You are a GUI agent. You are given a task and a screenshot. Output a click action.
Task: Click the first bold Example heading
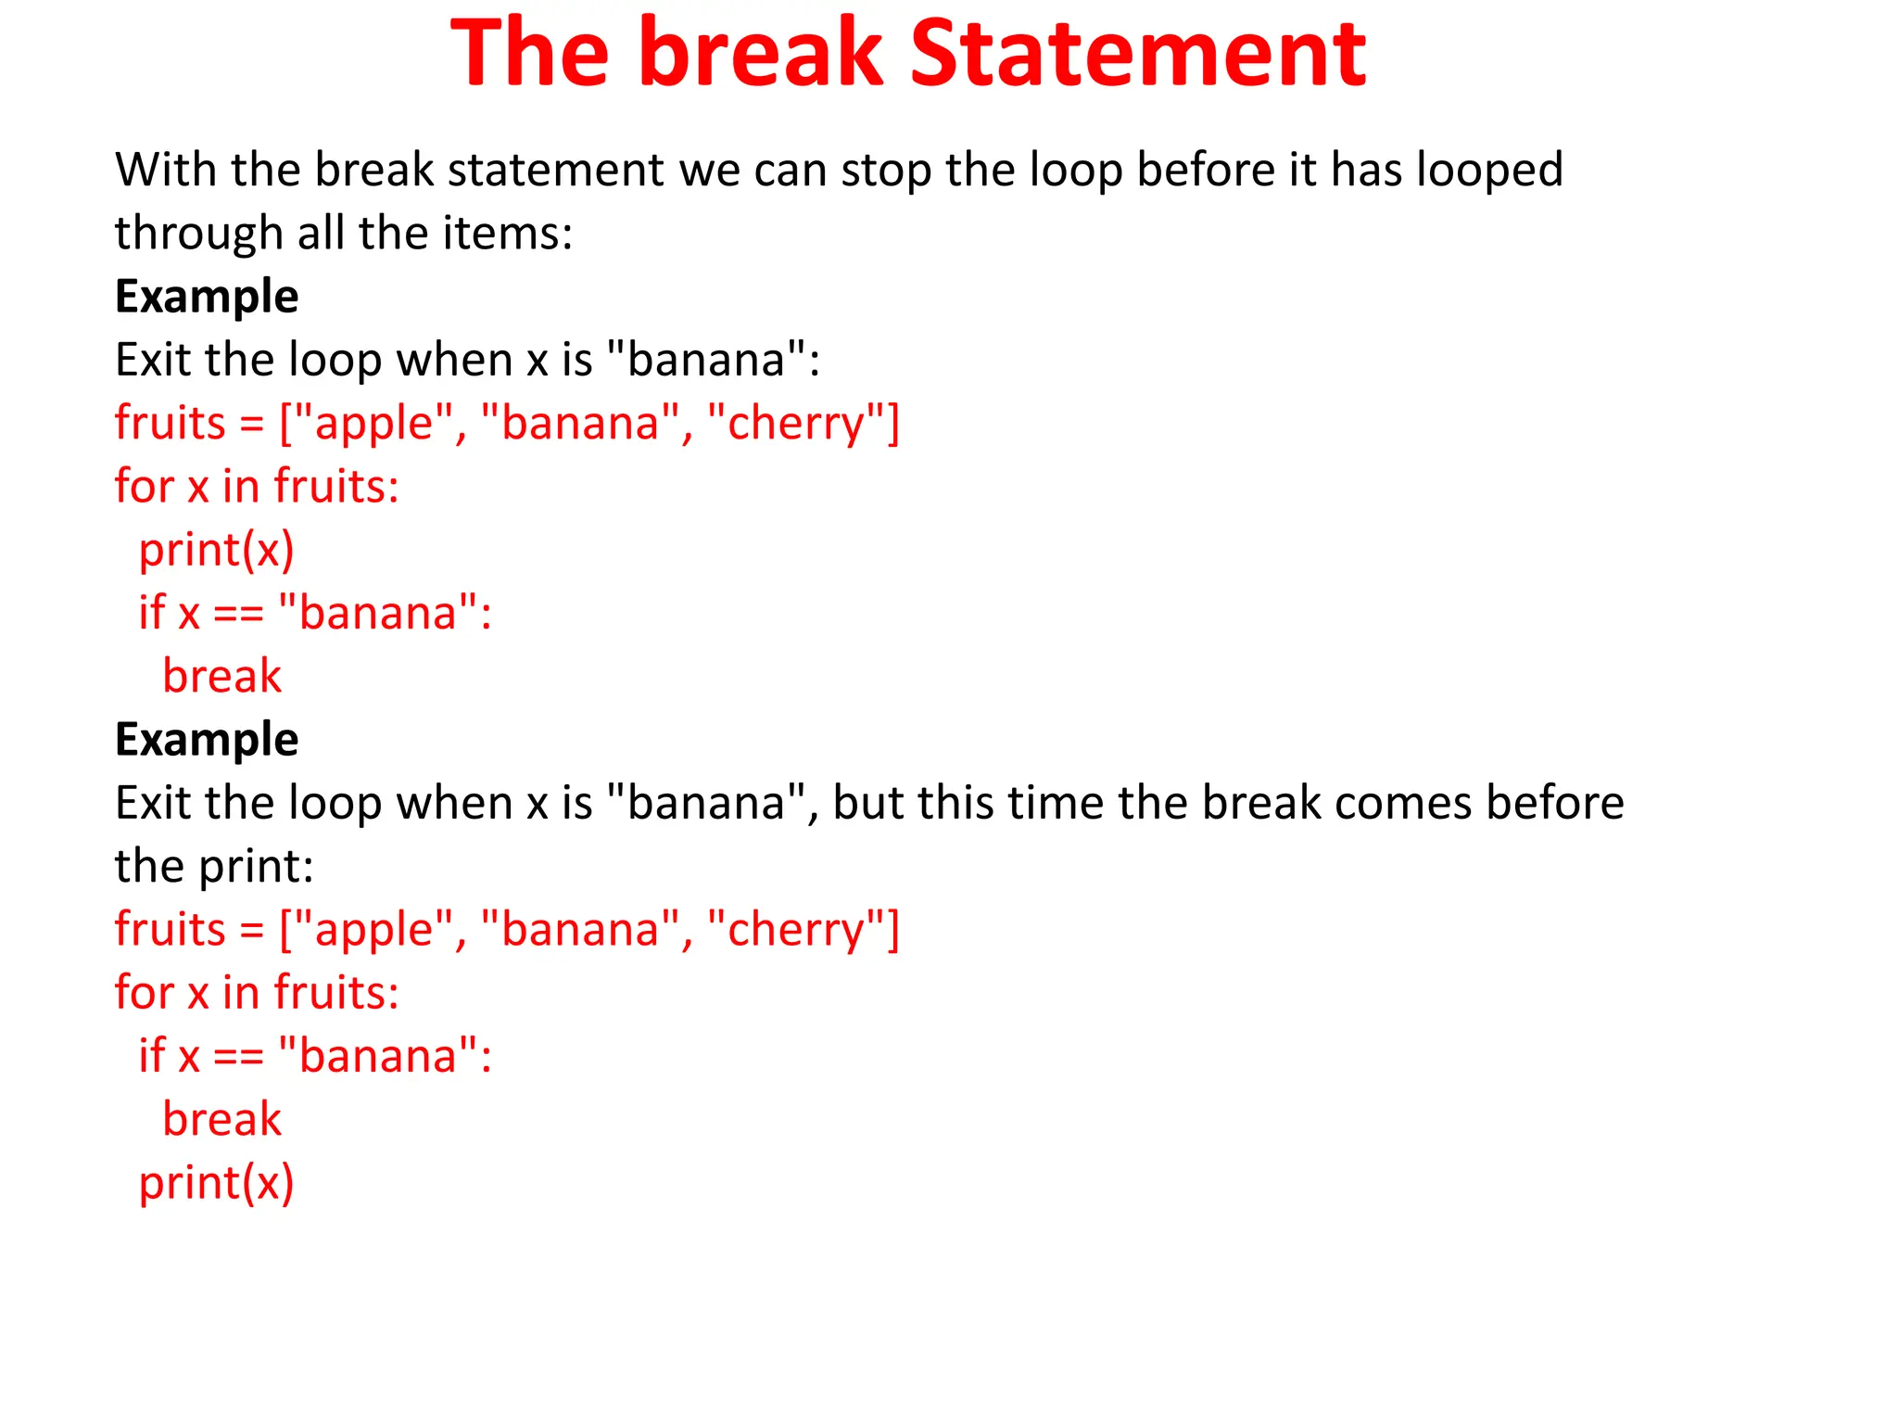pyautogui.click(x=207, y=297)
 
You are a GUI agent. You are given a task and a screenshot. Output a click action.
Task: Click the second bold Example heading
pyautogui.click(x=207, y=740)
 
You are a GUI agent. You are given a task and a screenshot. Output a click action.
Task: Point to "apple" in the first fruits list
pyautogui.click(x=373, y=424)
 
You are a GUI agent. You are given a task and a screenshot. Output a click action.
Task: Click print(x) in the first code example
pyautogui.click(x=216, y=550)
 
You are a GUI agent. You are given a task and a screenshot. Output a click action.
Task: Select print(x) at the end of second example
pyautogui.click(x=216, y=1183)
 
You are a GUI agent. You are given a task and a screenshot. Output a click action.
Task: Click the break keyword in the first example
pyautogui.click(x=221, y=676)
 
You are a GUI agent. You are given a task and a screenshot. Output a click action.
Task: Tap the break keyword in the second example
pyautogui.click(x=221, y=1119)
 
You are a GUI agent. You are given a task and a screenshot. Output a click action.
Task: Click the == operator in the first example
pyautogui.click(x=238, y=615)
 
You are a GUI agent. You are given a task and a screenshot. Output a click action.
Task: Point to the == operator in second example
pyautogui.click(x=238, y=1058)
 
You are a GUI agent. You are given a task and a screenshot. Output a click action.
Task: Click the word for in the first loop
pyautogui.click(x=144, y=487)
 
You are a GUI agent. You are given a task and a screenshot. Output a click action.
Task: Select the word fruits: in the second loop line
pyautogui.click(x=336, y=993)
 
